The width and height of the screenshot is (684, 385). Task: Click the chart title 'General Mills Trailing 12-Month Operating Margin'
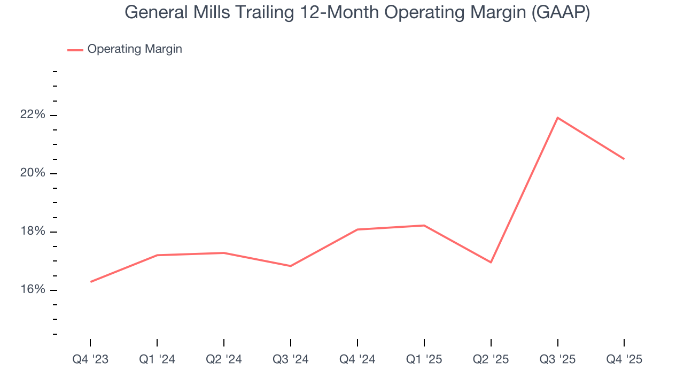click(357, 12)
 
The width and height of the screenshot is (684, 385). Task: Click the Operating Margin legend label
click(134, 49)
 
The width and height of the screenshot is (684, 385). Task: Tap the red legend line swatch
click(75, 50)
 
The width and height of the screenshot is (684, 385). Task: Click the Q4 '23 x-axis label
click(90, 359)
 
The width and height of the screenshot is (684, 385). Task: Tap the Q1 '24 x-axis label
click(157, 359)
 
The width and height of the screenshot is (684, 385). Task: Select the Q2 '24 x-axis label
click(224, 359)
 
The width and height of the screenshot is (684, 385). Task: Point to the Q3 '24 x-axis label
click(291, 359)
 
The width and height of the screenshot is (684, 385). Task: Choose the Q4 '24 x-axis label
click(357, 359)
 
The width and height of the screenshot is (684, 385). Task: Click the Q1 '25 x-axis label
click(424, 359)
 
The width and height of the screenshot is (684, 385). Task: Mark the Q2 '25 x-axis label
click(491, 359)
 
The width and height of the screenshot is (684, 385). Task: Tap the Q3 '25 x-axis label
click(557, 359)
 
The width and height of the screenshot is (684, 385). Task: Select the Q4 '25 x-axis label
click(624, 359)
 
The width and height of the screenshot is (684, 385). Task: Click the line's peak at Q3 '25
click(557, 118)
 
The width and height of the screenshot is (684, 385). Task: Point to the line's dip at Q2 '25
click(491, 262)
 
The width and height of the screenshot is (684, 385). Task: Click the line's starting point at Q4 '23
click(91, 282)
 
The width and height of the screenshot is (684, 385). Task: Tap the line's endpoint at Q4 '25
click(624, 159)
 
